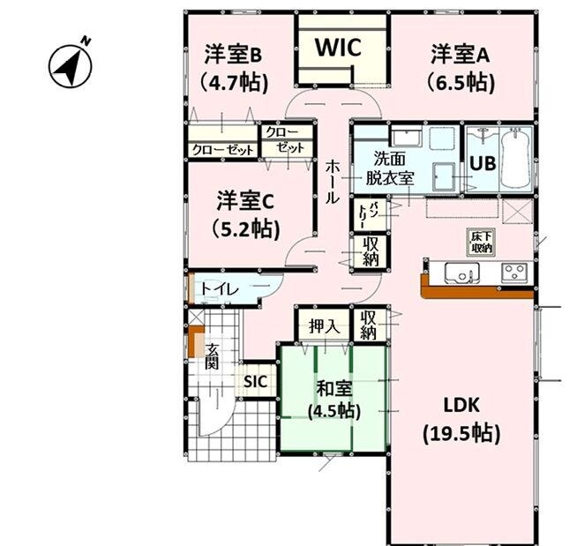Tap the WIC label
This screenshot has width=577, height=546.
(340, 48)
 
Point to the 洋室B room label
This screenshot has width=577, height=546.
(234, 55)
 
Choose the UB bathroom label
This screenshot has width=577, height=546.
(481, 162)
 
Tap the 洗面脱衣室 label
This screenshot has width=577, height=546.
(391, 168)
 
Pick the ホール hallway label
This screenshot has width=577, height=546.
(331, 181)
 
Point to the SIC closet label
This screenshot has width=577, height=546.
(256, 382)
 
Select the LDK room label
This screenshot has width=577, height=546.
(460, 405)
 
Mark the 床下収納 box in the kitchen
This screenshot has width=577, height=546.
(482, 242)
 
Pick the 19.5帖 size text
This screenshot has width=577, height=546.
(461, 434)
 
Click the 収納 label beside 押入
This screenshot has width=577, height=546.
(369, 325)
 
